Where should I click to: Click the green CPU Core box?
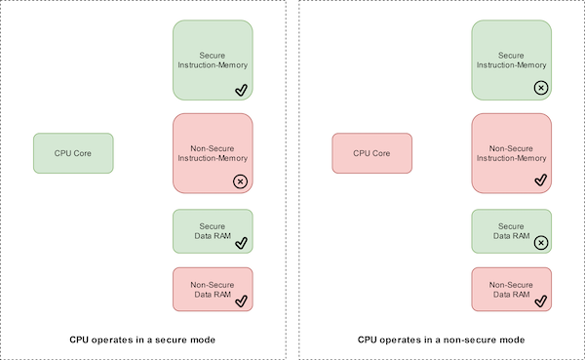point(74,153)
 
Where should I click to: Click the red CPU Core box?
point(371,153)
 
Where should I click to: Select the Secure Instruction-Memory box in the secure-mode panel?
point(213,60)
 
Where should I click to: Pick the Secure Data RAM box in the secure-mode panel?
point(213,231)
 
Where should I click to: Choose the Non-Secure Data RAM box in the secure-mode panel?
point(213,289)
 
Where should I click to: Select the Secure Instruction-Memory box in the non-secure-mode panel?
point(511,60)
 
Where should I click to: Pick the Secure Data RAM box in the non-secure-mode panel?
point(511,231)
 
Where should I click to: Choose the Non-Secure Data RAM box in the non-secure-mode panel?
point(511,289)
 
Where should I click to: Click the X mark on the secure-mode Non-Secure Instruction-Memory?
point(240,181)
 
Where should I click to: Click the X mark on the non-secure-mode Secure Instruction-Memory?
point(540,88)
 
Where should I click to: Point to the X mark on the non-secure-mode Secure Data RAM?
point(540,243)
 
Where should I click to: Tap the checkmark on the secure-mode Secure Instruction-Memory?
point(241,90)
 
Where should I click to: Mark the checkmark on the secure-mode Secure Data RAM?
point(241,243)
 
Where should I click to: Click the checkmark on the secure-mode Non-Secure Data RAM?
point(241,300)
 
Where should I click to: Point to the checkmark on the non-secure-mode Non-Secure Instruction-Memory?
point(540,180)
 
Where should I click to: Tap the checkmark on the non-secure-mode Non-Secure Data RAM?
point(540,300)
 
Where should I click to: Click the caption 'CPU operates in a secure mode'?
point(142,340)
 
